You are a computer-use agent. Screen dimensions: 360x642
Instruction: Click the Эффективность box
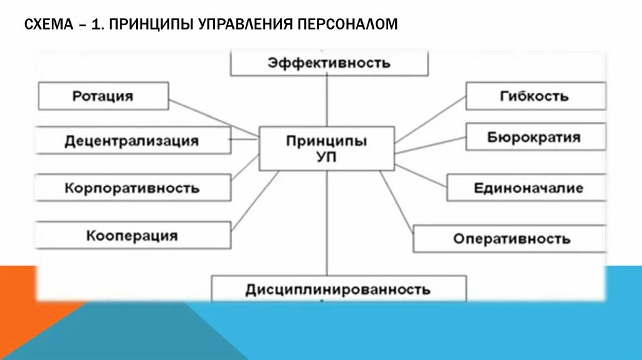tap(329, 63)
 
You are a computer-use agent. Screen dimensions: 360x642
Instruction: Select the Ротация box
tap(103, 96)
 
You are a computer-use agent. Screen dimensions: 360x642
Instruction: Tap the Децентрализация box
tap(132, 140)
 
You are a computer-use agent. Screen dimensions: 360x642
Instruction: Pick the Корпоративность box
tap(132, 188)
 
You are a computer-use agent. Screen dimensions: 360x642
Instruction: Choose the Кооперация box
tap(132, 236)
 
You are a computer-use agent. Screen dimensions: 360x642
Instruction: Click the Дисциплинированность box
tap(339, 289)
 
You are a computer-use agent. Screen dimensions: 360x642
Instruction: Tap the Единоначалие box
tap(527, 188)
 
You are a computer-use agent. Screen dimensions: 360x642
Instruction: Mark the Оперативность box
tap(511, 239)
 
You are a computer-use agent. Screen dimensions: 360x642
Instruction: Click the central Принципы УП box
tap(327, 149)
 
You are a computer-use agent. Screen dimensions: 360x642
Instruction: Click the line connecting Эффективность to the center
tap(327, 101)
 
